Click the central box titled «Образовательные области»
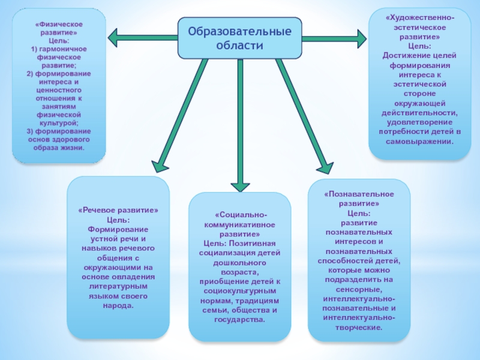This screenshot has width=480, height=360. point(239,38)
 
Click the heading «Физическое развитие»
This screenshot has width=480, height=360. point(59,28)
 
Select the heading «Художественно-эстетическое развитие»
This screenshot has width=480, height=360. point(419,28)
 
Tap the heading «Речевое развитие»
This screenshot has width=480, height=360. point(118,211)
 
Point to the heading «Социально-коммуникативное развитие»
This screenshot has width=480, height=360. point(239,224)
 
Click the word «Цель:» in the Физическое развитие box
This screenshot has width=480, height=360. point(59,40)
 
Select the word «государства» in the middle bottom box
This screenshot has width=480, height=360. point(238,320)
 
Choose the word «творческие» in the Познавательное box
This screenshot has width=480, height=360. point(360,328)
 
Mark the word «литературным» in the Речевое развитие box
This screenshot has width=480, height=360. point(118,286)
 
